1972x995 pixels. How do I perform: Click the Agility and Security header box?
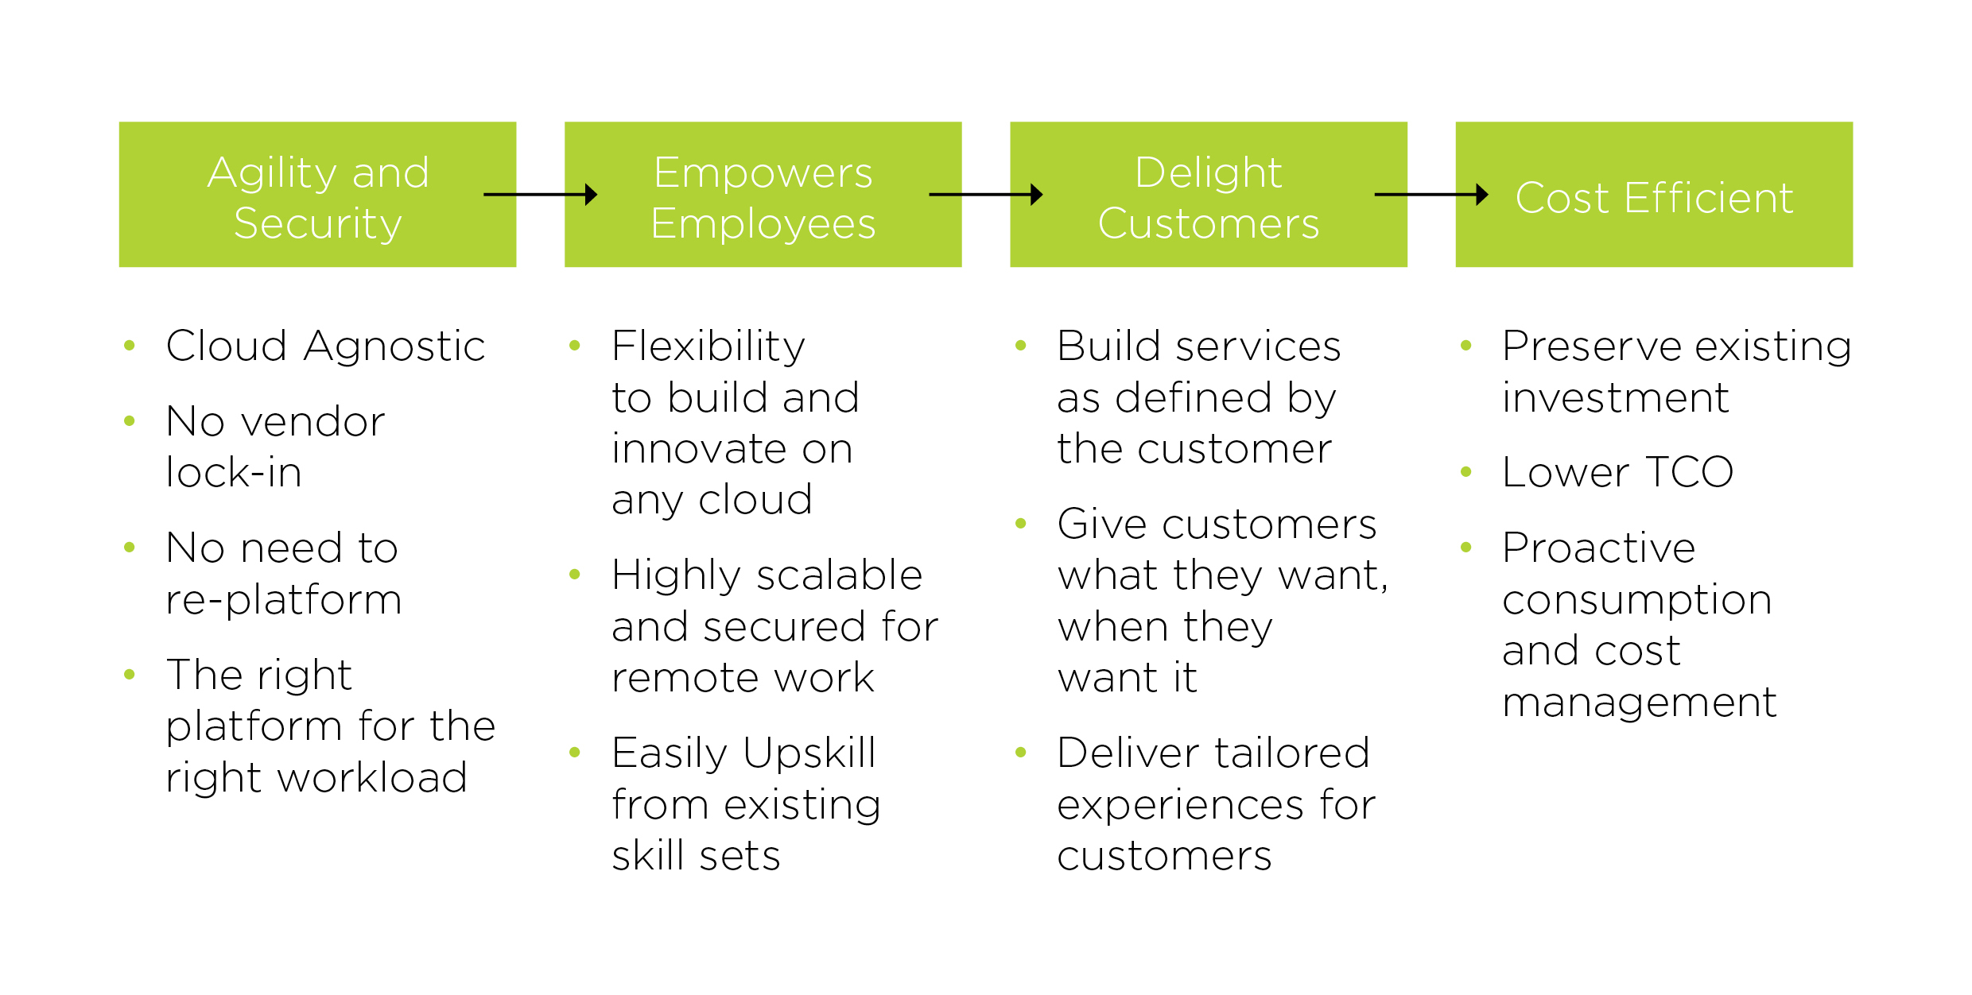pyautogui.click(x=317, y=195)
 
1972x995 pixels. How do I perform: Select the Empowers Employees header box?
pyautogui.click(x=763, y=195)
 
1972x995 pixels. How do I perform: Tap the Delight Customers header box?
pyautogui.click(x=1208, y=195)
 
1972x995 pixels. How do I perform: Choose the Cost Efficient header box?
pyautogui.click(x=1654, y=195)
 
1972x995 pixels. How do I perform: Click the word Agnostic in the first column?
pyautogui.click(x=394, y=347)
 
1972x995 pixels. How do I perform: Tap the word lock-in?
pyautogui.click(x=234, y=473)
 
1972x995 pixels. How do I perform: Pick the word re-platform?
pyautogui.click(x=284, y=600)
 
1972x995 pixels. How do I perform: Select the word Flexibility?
pyautogui.click(x=708, y=347)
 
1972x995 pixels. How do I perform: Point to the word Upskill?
pyautogui.click(x=809, y=753)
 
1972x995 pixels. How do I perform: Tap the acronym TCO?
pyautogui.click(x=1690, y=473)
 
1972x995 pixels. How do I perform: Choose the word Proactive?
pyautogui.click(x=1599, y=548)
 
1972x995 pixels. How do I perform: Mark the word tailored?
pyautogui.click(x=1293, y=753)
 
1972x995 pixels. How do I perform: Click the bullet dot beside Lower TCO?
pyautogui.click(x=1466, y=472)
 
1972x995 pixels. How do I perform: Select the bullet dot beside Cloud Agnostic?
pyautogui.click(x=130, y=346)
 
